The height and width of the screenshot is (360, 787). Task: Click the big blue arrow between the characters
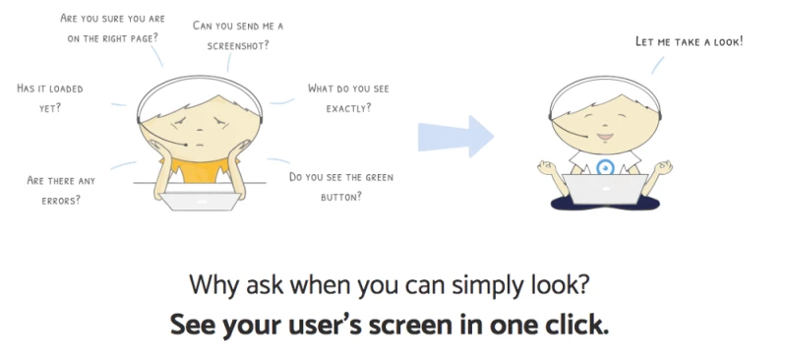455,137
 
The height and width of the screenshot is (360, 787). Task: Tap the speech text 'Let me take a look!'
690,41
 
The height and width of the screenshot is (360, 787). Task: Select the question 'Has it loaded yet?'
50,98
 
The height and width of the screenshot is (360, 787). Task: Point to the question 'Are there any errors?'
61,190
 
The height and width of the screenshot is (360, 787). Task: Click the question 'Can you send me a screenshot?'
238,35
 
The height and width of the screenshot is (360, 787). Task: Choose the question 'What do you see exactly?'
348,98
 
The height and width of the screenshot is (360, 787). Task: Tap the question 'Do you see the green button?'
341,187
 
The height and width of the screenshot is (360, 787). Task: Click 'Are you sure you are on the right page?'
112,29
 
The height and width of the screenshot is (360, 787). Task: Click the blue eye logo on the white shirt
605,167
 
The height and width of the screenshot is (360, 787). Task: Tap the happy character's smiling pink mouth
605,137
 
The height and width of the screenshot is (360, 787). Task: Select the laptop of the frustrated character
201,201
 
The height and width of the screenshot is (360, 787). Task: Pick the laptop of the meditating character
605,189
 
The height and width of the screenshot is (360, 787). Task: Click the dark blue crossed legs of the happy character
605,202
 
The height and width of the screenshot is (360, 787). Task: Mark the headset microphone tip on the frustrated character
186,145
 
